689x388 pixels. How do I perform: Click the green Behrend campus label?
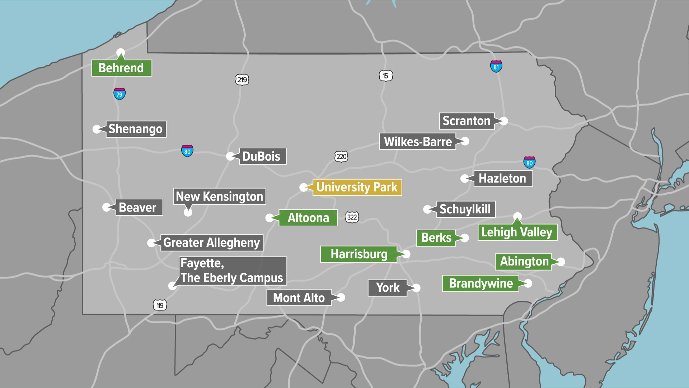coord(121,68)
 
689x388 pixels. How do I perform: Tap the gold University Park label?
coord(357,187)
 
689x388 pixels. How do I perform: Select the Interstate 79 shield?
coord(119,94)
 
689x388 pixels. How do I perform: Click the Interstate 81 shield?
coord(496,66)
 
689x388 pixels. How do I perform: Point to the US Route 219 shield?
coord(242,79)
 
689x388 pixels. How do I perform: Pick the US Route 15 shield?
coord(385,75)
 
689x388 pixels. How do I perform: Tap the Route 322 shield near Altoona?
coord(352,217)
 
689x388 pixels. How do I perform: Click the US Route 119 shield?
coord(160,305)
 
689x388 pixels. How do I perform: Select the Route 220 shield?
coord(341,156)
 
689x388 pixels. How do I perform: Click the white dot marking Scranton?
coord(504,121)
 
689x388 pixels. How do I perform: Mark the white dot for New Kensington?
coord(188,212)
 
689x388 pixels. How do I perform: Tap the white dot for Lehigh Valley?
coord(517,216)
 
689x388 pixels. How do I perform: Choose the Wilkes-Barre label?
coord(417,142)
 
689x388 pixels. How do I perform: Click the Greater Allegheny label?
coord(211,242)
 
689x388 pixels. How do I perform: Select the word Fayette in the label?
coord(202,263)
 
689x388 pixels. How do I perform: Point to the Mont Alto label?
coord(299,298)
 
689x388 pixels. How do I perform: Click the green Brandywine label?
coord(481,283)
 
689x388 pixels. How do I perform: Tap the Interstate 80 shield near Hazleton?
coord(529,162)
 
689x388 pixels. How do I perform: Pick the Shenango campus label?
coord(136,129)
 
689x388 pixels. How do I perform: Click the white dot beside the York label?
coord(416,288)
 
